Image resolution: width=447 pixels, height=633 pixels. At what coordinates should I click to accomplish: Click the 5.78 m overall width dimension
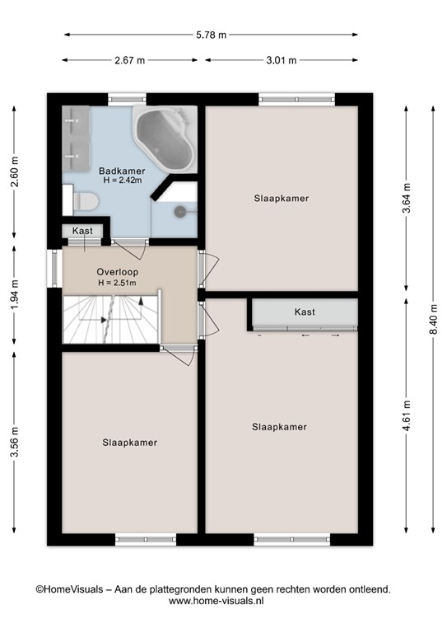pos(212,35)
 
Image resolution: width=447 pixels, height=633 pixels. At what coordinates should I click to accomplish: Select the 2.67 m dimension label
pos(130,60)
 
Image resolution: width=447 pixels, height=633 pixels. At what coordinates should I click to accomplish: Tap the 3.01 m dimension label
pos(282,60)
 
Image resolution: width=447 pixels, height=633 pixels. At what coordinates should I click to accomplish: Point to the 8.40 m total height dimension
pos(433,319)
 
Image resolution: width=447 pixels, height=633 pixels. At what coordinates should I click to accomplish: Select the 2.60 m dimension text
pos(15,171)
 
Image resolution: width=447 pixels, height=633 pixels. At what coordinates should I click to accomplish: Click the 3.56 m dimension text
pos(15,442)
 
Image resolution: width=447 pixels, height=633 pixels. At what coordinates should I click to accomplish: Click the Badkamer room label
pos(122,171)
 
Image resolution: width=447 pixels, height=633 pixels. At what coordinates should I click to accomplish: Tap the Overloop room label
pos(117,272)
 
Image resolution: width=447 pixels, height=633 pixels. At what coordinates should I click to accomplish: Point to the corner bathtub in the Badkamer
pos(165,138)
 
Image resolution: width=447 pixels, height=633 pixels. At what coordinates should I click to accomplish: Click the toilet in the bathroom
pos(86,200)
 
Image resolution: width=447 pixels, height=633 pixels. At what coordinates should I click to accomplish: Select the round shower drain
pos(179,210)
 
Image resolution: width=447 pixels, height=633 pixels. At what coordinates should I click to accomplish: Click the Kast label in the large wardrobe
pos(305,312)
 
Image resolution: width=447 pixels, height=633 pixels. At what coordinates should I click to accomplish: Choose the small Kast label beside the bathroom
pos(82,231)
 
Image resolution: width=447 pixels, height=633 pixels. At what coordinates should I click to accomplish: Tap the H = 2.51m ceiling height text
pos(117,283)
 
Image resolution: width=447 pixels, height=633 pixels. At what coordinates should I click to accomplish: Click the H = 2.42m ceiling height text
pos(123,181)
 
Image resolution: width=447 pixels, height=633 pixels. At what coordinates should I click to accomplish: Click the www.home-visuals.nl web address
pos(216,601)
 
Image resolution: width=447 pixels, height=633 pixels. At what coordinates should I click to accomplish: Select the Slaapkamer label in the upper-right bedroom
pos(282,198)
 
